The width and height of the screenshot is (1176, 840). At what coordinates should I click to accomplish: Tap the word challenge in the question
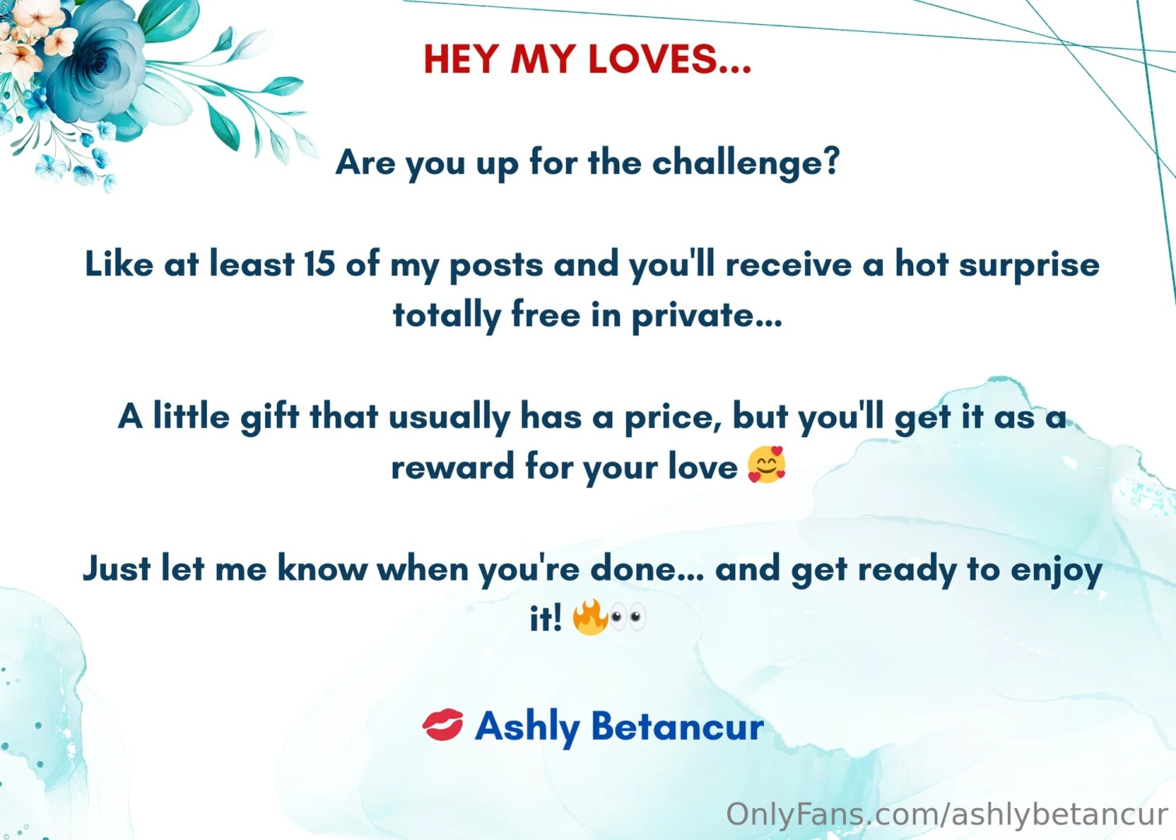click(x=745, y=163)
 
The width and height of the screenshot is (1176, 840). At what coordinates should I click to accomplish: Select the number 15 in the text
click(x=319, y=264)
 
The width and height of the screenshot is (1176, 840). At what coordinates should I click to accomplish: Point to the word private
click(x=705, y=316)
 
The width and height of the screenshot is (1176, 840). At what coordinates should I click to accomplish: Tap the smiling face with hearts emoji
click(x=766, y=465)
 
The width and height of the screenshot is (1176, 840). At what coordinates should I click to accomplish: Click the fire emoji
click(x=590, y=618)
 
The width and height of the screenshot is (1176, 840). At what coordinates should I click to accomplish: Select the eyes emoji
click(x=627, y=618)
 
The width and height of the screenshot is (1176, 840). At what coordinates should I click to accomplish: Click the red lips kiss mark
click(x=443, y=725)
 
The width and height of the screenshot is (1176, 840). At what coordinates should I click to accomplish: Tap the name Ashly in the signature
click(x=527, y=727)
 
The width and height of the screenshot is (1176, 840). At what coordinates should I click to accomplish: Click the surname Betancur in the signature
click(x=677, y=726)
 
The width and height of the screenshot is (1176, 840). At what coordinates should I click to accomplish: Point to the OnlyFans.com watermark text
click(x=946, y=814)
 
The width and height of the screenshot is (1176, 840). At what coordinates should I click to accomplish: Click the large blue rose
click(x=97, y=66)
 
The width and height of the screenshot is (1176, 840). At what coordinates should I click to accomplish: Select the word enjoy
click(x=1056, y=570)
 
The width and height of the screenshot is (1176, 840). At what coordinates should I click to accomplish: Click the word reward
click(x=452, y=467)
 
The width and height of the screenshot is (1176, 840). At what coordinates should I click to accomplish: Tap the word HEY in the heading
click(x=461, y=60)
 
